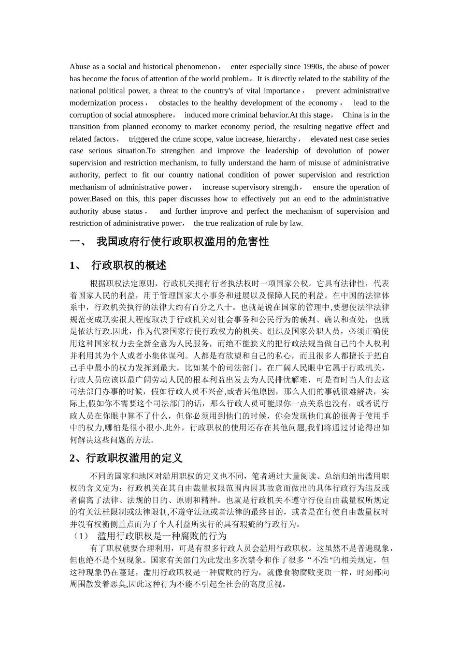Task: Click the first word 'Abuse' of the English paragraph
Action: coord(79,67)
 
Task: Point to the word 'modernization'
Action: coord(92,103)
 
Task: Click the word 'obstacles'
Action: coord(174,103)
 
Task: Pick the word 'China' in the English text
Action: coord(352,115)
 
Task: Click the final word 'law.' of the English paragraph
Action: coord(296,223)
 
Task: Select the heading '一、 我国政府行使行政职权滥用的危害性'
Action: coord(169,242)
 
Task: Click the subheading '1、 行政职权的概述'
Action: coord(118,266)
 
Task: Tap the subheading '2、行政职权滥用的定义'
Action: coord(126,458)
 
